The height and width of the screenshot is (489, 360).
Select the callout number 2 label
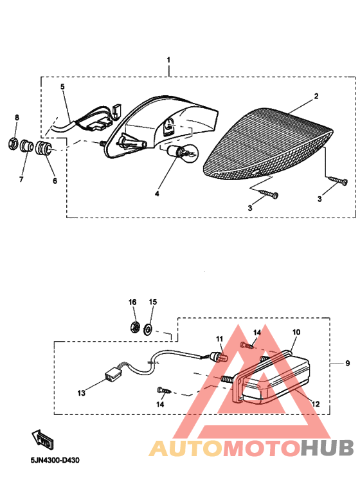pos(316,96)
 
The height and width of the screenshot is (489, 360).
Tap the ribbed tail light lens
pos(267,143)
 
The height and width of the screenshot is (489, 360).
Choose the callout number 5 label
pos(62,86)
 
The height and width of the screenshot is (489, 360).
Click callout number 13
pos(80,392)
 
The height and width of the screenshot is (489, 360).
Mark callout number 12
pos(315,403)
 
